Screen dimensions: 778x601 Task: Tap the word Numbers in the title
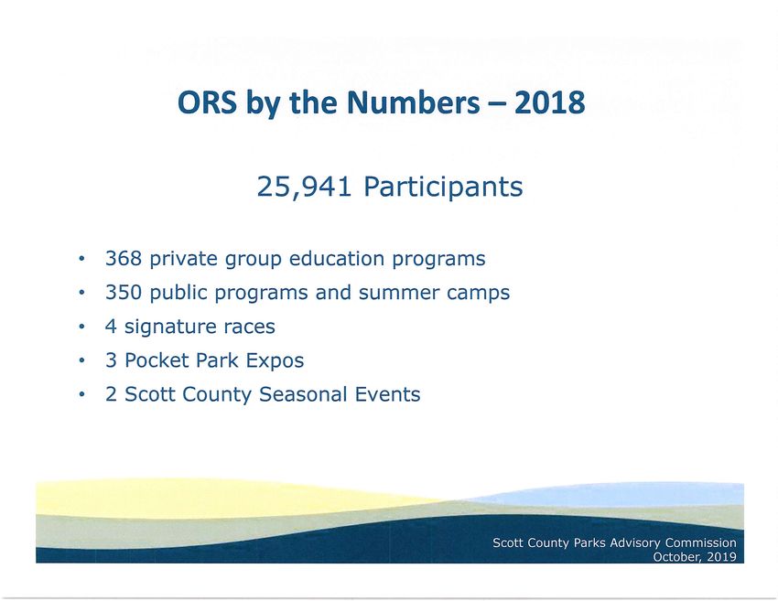click(x=414, y=102)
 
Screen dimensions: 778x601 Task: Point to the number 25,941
click(x=304, y=187)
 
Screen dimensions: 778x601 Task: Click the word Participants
click(x=443, y=188)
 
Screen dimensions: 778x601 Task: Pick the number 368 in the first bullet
click(x=124, y=258)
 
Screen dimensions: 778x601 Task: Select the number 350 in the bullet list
click(x=124, y=292)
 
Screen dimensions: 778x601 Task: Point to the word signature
click(x=170, y=327)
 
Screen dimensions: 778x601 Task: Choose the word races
click(x=249, y=327)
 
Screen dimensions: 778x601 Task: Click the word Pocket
click(x=156, y=360)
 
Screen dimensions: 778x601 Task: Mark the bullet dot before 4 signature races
click(x=81, y=327)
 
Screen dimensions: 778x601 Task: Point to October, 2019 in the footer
click(x=695, y=556)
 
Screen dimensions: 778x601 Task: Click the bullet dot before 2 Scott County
click(x=81, y=394)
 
